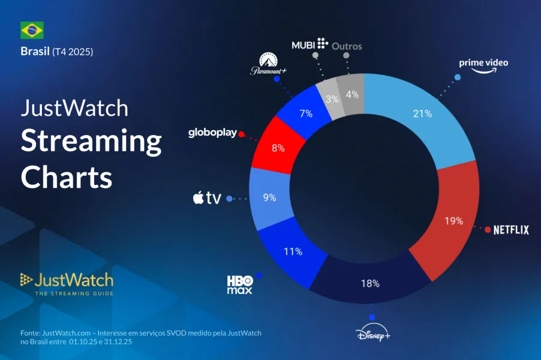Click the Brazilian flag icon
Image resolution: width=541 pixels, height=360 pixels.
pyautogui.click(x=32, y=30)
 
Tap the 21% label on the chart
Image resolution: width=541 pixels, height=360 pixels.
pyautogui.click(x=422, y=113)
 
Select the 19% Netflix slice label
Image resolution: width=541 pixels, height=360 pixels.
pyautogui.click(x=454, y=220)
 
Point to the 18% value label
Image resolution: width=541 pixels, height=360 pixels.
pyautogui.click(x=371, y=283)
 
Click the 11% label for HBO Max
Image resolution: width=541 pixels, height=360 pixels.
pyautogui.click(x=293, y=251)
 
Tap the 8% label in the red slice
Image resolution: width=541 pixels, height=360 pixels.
pyautogui.click(x=278, y=148)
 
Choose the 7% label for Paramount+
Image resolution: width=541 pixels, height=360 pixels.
pyautogui.click(x=305, y=113)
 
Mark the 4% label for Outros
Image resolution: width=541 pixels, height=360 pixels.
pyautogui.click(x=352, y=94)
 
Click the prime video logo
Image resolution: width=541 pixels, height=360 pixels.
pyautogui.click(x=483, y=66)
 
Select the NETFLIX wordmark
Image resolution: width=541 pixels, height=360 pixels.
pyautogui.click(x=511, y=230)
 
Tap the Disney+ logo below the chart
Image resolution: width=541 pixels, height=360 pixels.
pyautogui.click(x=372, y=334)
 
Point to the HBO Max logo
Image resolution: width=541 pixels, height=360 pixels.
pyautogui.click(x=239, y=285)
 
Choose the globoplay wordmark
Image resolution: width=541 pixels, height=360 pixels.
pyautogui.click(x=212, y=133)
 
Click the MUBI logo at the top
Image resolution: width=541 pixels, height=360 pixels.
pyautogui.click(x=309, y=44)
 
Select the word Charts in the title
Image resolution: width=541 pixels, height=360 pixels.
pyautogui.click(x=67, y=177)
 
